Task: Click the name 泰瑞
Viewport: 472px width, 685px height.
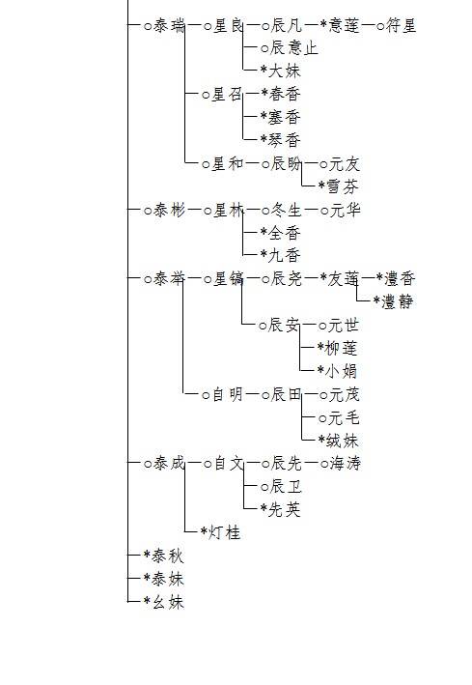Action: click(169, 26)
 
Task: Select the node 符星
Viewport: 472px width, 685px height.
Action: click(401, 26)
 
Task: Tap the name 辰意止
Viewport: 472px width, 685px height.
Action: click(293, 48)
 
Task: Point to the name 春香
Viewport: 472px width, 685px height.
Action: click(285, 94)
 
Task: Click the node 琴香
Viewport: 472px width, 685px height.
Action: click(285, 140)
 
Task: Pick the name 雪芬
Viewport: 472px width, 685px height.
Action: click(343, 187)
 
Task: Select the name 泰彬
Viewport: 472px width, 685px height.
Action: click(169, 210)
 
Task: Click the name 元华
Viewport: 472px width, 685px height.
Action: click(345, 210)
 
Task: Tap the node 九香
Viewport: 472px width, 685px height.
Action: click(285, 256)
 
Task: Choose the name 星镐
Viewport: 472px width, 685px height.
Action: click(228, 278)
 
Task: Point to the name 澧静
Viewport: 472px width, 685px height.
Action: click(398, 301)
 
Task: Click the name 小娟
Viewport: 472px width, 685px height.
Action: click(342, 371)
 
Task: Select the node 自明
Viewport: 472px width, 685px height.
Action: click(228, 395)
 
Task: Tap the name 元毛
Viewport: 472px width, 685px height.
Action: click(344, 418)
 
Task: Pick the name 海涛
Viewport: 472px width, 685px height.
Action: click(345, 463)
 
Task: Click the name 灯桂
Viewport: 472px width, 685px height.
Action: click(225, 532)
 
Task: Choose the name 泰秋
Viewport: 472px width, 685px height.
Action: click(168, 556)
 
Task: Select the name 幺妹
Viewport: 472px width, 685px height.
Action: click(168, 602)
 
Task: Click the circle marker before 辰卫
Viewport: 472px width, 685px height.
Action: click(264, 487)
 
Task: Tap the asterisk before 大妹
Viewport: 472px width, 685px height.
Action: click(264, 69)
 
